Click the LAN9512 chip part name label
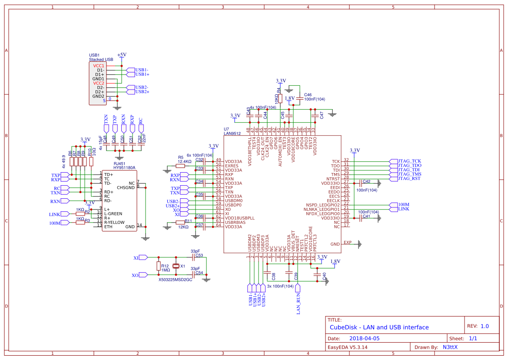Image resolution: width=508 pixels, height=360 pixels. coord(232,133)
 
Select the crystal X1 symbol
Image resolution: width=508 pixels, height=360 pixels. coord(176,266)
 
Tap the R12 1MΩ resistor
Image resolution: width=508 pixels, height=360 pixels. coord(158,266)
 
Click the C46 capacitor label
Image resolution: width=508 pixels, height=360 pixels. coord(308,94)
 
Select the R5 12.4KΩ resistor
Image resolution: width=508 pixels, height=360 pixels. coord(181,166)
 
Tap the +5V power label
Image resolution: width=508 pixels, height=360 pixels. coord(122,54)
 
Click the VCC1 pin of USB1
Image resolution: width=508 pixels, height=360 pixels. coord(99,66)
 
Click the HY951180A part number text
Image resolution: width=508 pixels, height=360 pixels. coord(124,167)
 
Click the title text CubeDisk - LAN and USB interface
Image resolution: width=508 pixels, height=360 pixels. coord(379,327)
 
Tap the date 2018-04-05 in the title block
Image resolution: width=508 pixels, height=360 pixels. coord(364,338)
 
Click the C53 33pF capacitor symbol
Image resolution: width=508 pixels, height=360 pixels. coord(193,257)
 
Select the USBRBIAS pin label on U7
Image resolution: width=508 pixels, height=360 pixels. coord(238,222)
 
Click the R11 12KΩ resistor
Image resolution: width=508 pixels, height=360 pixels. coord(181,222)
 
